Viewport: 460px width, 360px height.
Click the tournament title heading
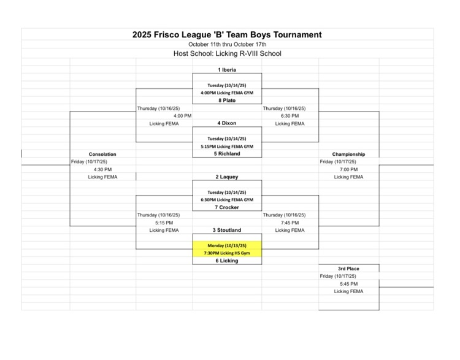[227, 35]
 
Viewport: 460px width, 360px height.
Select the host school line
[227, 53]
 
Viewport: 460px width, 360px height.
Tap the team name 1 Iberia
[227, 70]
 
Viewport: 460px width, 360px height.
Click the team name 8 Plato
[227, 101]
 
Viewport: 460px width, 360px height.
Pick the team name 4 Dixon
[227, 123]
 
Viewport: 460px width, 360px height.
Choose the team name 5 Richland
[227, 154]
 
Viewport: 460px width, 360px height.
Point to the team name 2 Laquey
[227, 177]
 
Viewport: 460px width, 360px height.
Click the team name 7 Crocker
[227, 207]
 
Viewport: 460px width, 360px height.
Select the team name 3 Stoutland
[227, 230]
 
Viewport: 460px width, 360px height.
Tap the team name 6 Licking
[227, 261]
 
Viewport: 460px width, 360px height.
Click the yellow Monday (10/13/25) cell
[227, 245]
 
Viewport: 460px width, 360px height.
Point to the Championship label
[348, 154]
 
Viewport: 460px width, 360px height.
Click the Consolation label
[102, 154]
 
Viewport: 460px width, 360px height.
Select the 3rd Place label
[348, 269]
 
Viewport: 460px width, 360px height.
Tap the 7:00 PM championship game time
[348, 169]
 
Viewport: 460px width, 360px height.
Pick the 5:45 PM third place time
[348, 284]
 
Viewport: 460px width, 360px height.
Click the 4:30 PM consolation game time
[102, 169]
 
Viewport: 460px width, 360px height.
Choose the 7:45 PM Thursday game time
[289, 223]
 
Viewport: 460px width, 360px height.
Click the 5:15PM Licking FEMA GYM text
[227, 147]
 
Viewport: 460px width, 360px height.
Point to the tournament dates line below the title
[227, 44]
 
